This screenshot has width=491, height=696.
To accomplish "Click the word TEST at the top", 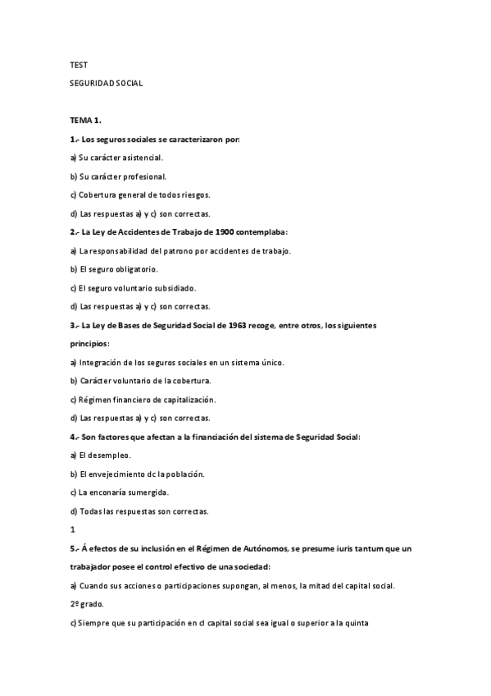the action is (x=78, y=64).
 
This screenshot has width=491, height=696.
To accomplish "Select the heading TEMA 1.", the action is (x=85, y=120).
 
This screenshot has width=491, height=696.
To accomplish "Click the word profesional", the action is (x=146, y=176).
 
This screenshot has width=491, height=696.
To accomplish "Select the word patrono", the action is (x=174, y=250).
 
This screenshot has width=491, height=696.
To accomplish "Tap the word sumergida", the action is (x=148, y=492).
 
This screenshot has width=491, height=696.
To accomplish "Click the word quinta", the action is (x=357, y=622).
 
